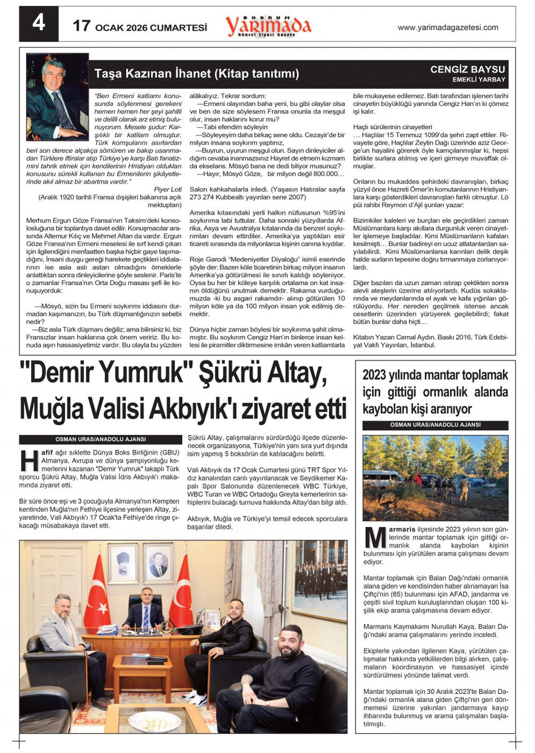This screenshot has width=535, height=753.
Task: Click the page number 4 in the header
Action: coord(39,23)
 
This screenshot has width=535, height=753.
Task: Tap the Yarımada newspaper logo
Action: coord(268,26)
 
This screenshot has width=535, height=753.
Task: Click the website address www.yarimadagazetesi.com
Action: coord(447,27)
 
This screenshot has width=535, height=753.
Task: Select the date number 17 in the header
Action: coord(82,26)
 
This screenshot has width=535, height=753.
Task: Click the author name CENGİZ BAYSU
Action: coord(467,69)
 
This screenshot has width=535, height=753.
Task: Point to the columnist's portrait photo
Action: coord(57,97)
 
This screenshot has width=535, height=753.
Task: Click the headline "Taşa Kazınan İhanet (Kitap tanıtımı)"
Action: coord(197,74)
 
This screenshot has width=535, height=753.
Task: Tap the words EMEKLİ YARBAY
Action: coord(479,80)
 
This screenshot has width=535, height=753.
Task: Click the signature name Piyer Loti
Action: coord(168,189)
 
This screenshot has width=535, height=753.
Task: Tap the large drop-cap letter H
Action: coord(29,460)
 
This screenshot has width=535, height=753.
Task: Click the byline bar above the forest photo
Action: coord(435,425)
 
